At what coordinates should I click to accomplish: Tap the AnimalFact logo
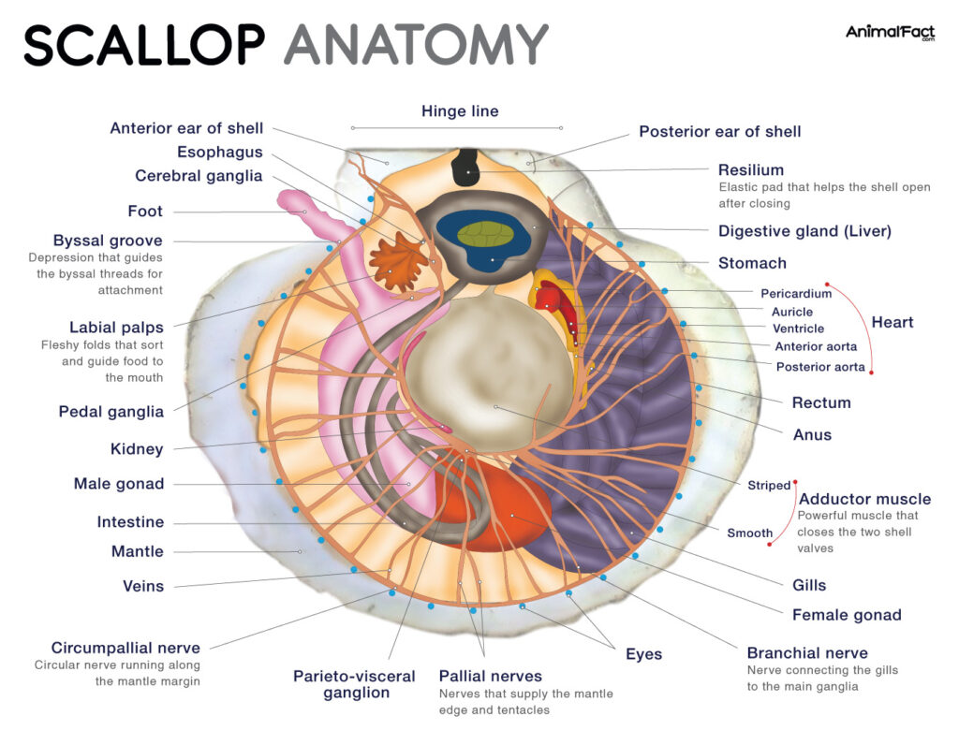[889, 33]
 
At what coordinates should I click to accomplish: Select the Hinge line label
[459, 111]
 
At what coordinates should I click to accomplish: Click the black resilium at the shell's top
[466, 171]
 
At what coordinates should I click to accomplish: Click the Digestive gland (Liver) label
[804, 231]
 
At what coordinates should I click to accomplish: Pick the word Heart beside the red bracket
[892, 322]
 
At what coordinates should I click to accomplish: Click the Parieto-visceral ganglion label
[356, 684]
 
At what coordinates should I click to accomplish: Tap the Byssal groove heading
[108, 241]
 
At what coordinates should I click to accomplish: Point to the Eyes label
[643, 654]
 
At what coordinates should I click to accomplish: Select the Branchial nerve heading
[806, 653]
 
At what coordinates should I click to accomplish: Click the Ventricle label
[798, 329]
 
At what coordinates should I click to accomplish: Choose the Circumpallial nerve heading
[125, 648]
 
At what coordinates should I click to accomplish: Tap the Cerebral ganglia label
[199, 176]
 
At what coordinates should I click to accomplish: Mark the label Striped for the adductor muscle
[769, 486]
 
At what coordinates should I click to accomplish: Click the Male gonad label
[119, 484]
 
